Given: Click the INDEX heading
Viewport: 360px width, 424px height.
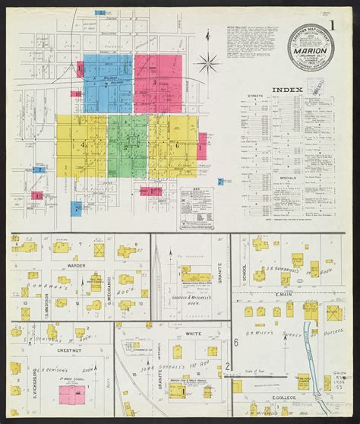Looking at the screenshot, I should pyautogui.click(x=292, y=89).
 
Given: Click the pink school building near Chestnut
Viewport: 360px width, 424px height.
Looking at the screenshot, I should pyautogui.click(x=76, y=394).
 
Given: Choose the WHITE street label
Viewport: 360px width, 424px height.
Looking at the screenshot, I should pyautogui.click(x=193, y=334).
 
